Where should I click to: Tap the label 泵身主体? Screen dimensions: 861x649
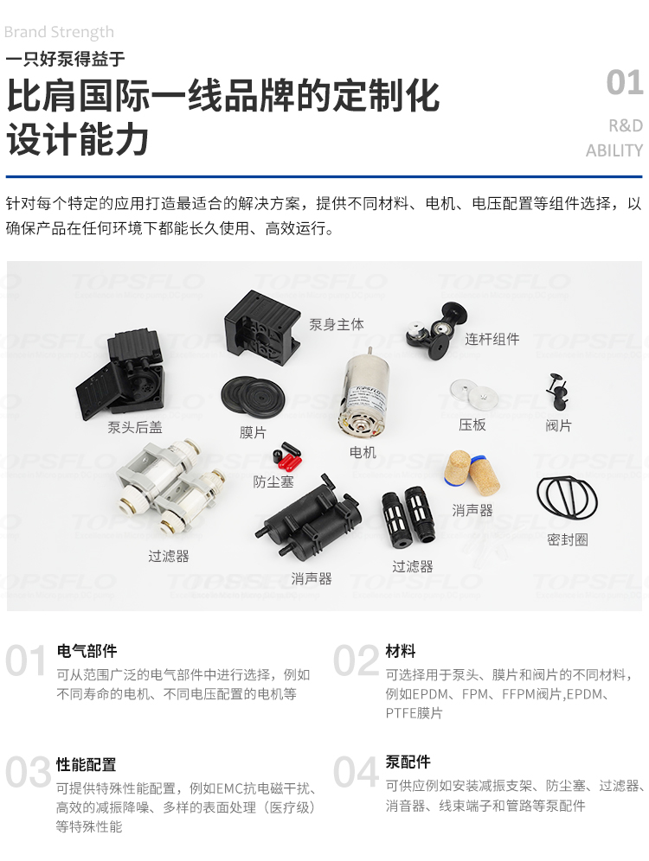click(337, 325)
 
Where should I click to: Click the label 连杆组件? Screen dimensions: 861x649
click(492, 339)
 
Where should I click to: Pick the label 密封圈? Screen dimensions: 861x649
click(568, 539)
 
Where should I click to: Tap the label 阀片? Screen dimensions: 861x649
click(558, 425)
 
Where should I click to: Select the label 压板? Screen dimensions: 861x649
click(472, 425)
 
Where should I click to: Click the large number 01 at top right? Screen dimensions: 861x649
click(624, 84)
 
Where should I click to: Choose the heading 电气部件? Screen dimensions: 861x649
click(87, 651)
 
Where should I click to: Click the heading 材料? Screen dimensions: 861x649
click(401, 651)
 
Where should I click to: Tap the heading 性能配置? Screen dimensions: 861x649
click(87, 765)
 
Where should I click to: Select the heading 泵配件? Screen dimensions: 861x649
click(408, 762)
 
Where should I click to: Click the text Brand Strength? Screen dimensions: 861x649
click(59, 33)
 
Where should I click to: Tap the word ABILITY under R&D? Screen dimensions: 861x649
click(614, 150)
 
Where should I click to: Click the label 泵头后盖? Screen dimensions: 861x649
click(135, 427)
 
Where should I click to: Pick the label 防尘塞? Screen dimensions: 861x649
click(273, 482)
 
